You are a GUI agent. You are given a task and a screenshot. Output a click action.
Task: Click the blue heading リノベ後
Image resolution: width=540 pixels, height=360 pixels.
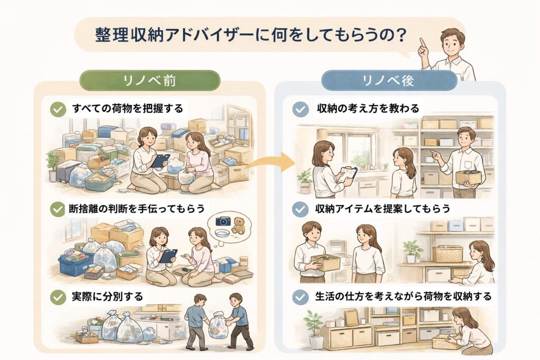[x=389, y=80]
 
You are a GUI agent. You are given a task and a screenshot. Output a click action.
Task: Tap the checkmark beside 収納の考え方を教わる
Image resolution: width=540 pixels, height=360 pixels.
[x=300, y=109]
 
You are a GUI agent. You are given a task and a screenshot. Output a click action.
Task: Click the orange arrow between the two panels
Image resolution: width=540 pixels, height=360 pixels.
[x=272, y=163]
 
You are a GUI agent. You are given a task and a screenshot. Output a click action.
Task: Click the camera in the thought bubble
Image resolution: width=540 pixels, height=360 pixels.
[x=223, y=221]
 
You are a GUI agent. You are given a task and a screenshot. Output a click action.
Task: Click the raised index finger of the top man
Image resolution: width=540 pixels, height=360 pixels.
[x=421, y=43]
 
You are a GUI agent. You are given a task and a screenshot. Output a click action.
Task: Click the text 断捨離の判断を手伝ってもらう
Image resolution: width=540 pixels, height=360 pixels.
[x=137, y=209]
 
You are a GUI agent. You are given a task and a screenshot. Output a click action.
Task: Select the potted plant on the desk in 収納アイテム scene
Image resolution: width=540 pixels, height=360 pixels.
[x=412, y=251]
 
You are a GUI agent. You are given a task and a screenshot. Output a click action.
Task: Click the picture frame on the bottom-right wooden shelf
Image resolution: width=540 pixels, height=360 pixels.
[x=351, y=317]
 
